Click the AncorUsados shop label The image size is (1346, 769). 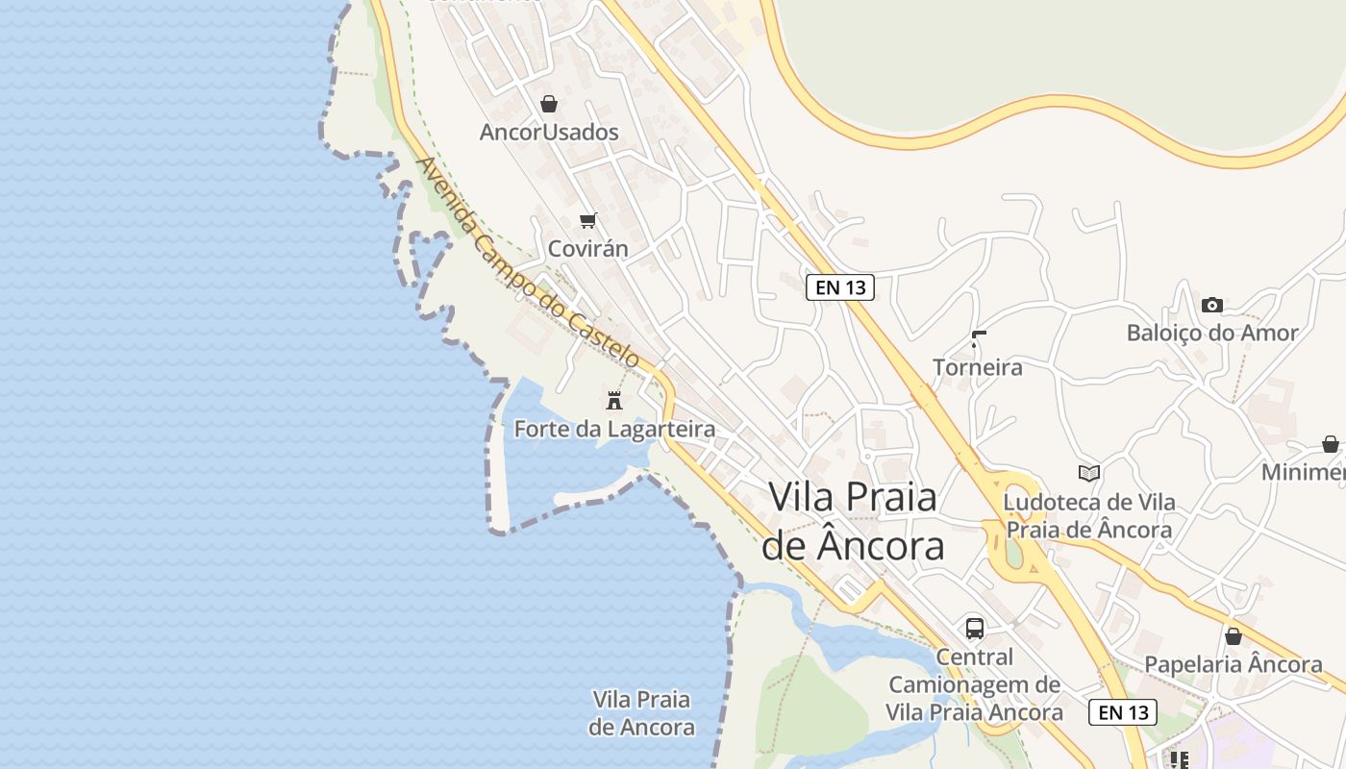pos(549,132)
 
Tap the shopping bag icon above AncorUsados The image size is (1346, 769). pos(549,103)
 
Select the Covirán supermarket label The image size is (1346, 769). pos(588,248)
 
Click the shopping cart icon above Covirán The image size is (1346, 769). pos(588,221)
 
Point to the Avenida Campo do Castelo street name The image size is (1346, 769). pos(528,262)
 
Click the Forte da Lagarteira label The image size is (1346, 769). pos(614,429)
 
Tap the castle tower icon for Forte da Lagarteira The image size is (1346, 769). pos(614,400)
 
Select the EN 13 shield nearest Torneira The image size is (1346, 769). pos(839,286)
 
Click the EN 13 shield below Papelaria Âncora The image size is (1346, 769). pos(1122,712)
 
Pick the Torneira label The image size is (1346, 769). pos(978,367)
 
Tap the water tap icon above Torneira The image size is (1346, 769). pos(978,339)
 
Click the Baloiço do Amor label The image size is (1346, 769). pos(1212,333)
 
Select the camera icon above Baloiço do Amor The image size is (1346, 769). pos(1212,305)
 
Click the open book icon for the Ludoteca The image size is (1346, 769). pos(1088,473)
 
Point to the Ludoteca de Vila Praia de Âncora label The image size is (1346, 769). pos(1088,515)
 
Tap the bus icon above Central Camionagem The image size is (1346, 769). pos(975,629)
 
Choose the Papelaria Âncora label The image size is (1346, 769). pos(1233,664)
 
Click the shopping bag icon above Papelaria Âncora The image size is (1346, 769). pos(1233,636)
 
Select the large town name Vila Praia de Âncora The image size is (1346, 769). pos(853,521)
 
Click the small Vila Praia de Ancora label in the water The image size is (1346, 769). pos(641,712)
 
